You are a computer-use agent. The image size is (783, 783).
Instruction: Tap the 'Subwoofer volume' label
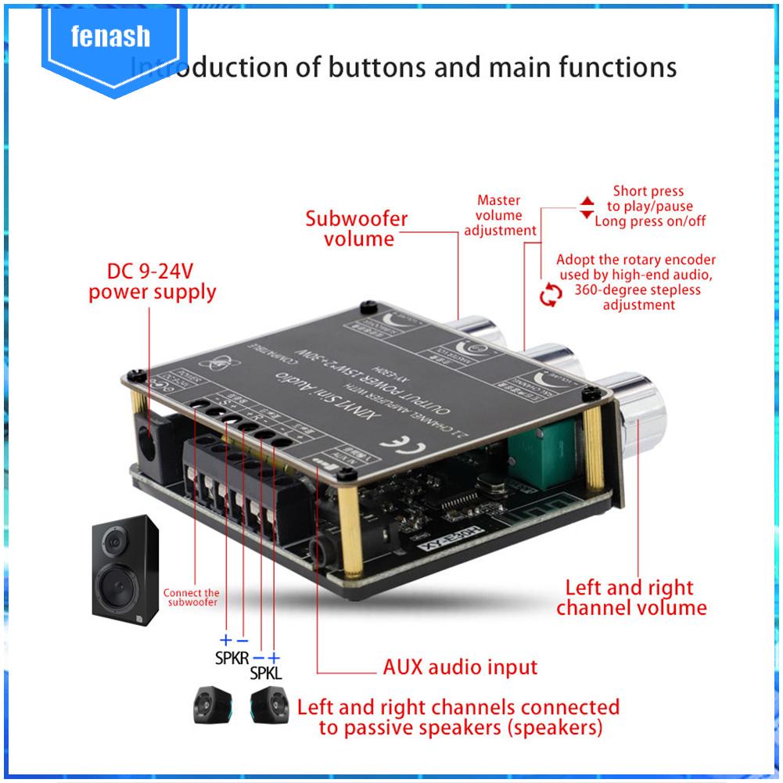356,228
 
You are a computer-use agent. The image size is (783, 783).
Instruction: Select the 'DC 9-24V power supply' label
152,282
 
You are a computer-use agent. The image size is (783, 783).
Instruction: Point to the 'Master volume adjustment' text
500,215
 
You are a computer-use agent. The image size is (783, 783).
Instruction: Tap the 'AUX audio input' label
460,667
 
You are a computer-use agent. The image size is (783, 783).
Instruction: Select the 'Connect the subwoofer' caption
191,598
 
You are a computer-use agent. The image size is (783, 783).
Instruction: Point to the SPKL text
266,673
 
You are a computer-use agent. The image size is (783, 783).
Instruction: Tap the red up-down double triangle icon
586,207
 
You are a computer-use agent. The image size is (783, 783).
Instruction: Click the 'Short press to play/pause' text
648,199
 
